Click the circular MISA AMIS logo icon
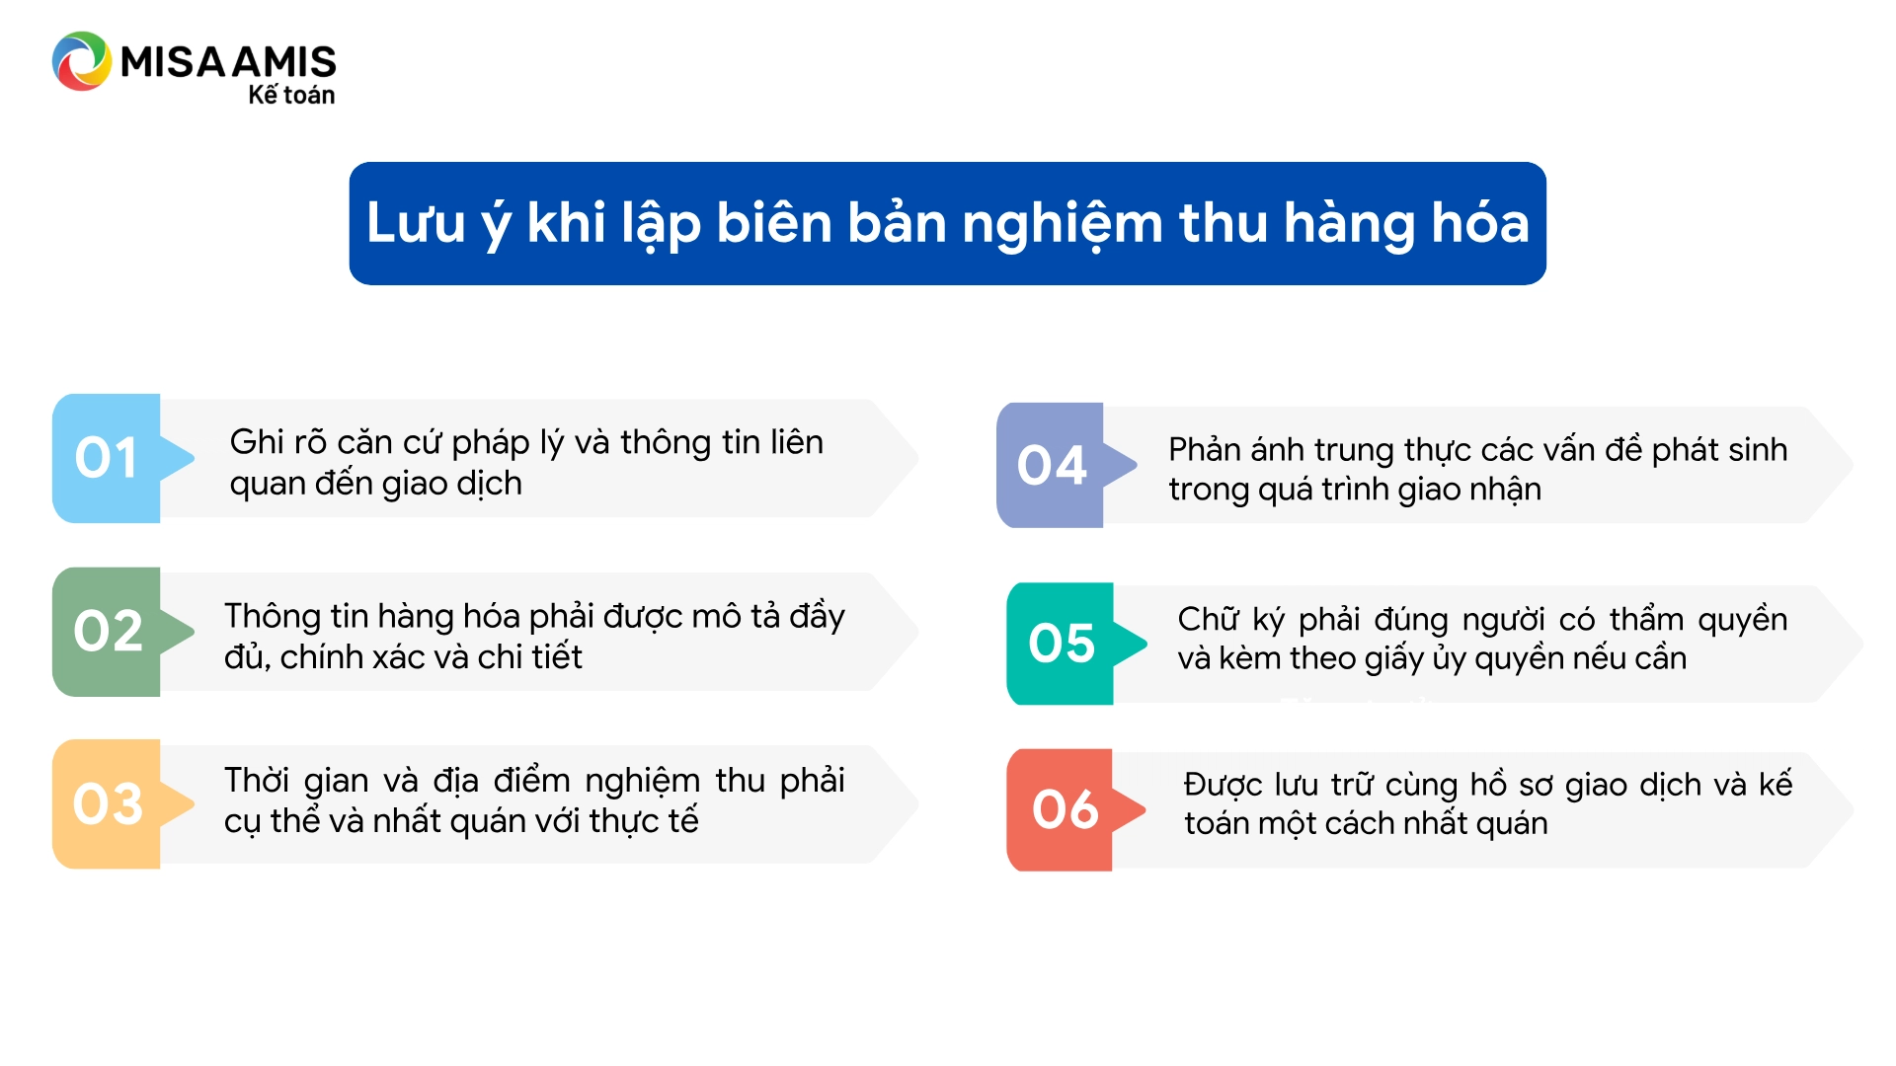(82, 61)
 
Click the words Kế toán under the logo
(291, 95)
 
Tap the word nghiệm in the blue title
(1063, 224)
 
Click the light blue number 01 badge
(107, 458)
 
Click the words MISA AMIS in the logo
(228, 61)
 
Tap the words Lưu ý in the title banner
(439, 224)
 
